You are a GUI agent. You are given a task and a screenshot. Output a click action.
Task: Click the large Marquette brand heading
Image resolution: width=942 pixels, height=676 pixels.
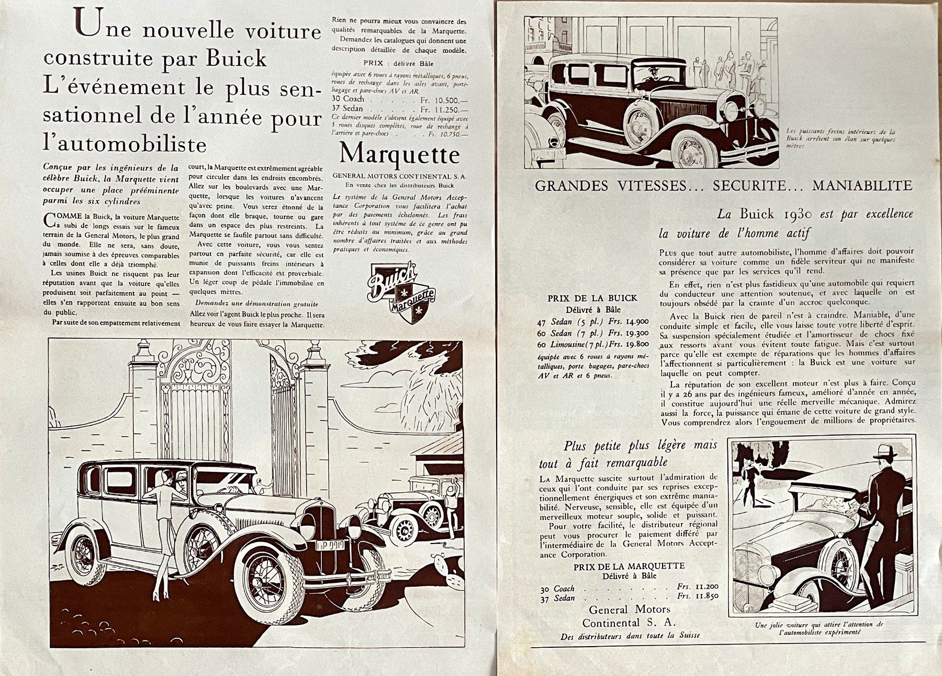[x=399, y=154]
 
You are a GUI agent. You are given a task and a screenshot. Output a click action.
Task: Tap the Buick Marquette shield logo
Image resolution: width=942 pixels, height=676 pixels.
[x=400, y=292]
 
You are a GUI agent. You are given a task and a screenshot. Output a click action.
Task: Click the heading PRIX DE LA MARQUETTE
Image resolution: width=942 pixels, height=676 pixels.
[x=629, y=567]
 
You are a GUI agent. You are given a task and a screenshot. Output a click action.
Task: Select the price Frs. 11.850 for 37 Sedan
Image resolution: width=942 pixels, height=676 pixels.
[x=697, y=596]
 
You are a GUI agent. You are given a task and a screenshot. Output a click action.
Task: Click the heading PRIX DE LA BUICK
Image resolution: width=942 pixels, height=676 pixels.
[x=592, y=298]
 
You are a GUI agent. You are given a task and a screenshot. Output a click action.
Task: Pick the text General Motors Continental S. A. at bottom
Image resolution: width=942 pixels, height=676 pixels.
[x=629, y=616]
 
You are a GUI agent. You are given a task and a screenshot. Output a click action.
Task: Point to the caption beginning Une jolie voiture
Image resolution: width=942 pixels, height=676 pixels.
[x=819, y=628]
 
